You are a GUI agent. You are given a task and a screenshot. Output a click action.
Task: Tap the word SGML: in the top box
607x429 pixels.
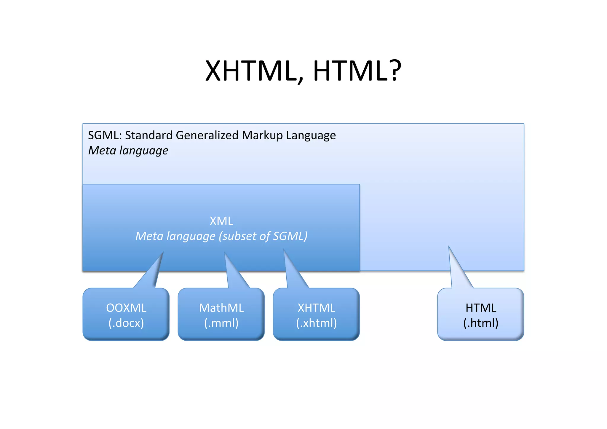105,135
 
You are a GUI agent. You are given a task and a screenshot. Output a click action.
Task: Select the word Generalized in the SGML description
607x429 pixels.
207,135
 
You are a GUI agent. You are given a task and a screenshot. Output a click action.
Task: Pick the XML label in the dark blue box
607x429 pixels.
221,221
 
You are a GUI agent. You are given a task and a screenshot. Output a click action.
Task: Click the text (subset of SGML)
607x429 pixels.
263,236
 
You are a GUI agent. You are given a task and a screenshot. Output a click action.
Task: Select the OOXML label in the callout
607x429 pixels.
126,308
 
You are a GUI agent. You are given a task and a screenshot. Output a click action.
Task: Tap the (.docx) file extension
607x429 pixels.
126,323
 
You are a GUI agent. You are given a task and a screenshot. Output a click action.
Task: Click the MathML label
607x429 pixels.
221,308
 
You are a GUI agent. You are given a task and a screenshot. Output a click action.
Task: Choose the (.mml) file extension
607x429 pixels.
221,323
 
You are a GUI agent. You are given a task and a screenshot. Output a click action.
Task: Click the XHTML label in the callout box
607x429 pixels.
317,308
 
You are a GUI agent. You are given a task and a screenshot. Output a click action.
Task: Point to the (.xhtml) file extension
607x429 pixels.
317,323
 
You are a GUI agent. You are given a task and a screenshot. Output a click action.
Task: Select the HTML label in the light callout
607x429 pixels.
481,308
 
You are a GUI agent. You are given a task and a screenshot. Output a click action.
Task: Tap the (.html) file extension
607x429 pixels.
481,323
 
